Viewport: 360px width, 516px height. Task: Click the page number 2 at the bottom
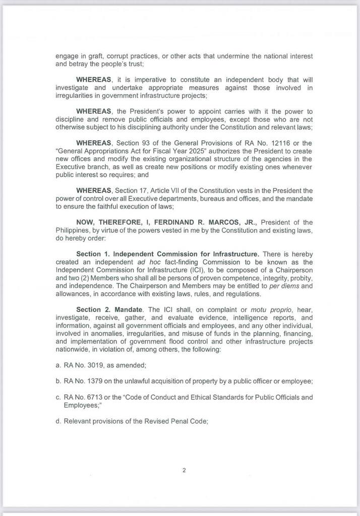point(184,471)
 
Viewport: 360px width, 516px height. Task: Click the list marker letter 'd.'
point(58,421)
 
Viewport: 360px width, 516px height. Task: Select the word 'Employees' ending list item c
point(81,405)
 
